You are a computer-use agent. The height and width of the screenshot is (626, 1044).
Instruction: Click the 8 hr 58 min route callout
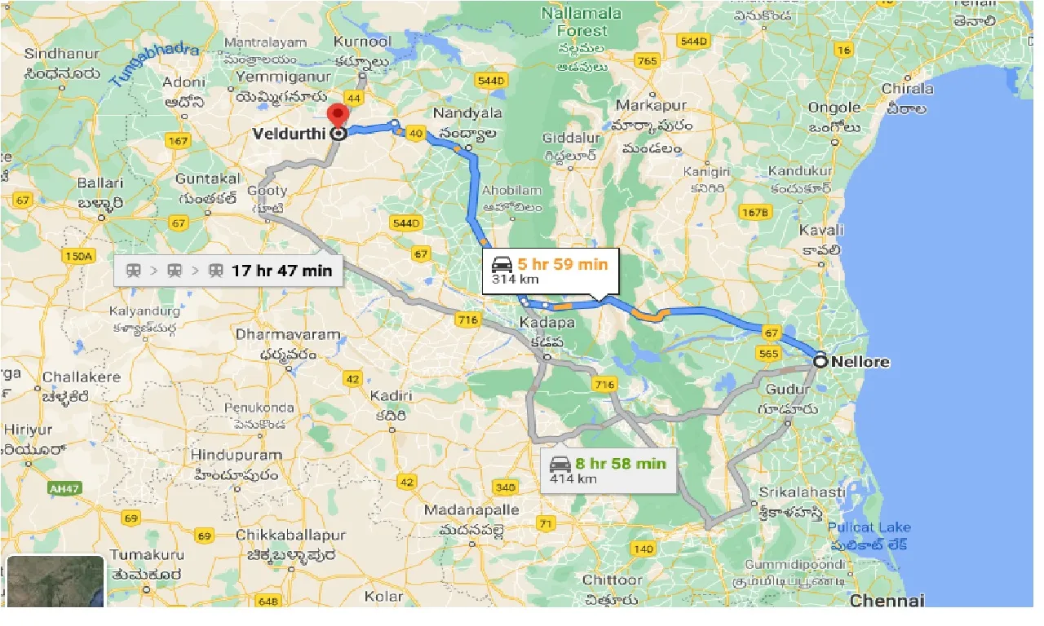pyautogui.click(x=609, y=470)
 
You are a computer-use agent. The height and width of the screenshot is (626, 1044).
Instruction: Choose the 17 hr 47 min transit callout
pyautogui.click(x=229, y=271)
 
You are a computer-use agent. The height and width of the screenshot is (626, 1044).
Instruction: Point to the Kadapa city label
pyautogui.click(x=546, y=323)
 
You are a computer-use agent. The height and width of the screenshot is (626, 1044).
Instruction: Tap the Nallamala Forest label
pyautogui.click(x=582, y=22)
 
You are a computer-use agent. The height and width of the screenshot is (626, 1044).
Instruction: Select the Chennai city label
pyautogui.click(x=887, y=601)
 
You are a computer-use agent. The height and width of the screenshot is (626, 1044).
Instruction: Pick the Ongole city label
pyautogui.click(x=834, y=108)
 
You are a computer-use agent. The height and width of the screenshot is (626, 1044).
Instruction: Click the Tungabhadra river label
pyautogui.click(x=154, y=64)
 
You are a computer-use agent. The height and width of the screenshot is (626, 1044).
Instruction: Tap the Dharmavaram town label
pyautogui.click(x=276, y=334)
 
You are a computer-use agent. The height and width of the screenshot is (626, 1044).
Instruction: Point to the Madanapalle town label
pyautogui.click(x=471, y=510)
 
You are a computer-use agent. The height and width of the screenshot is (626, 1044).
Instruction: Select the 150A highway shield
pyautogui.click(x=78, y=256)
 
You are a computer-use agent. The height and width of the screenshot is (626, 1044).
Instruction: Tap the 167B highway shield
pyautogui.click(x=754, y=213)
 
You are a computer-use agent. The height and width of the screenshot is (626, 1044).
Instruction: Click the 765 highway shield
pyautogui.click(x=648, y=61)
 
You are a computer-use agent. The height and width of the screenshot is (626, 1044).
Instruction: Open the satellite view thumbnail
pyautogui.click(x=55, y=582)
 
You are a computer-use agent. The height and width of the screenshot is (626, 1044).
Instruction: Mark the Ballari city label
pyautogui.click(x=100, y=183)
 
